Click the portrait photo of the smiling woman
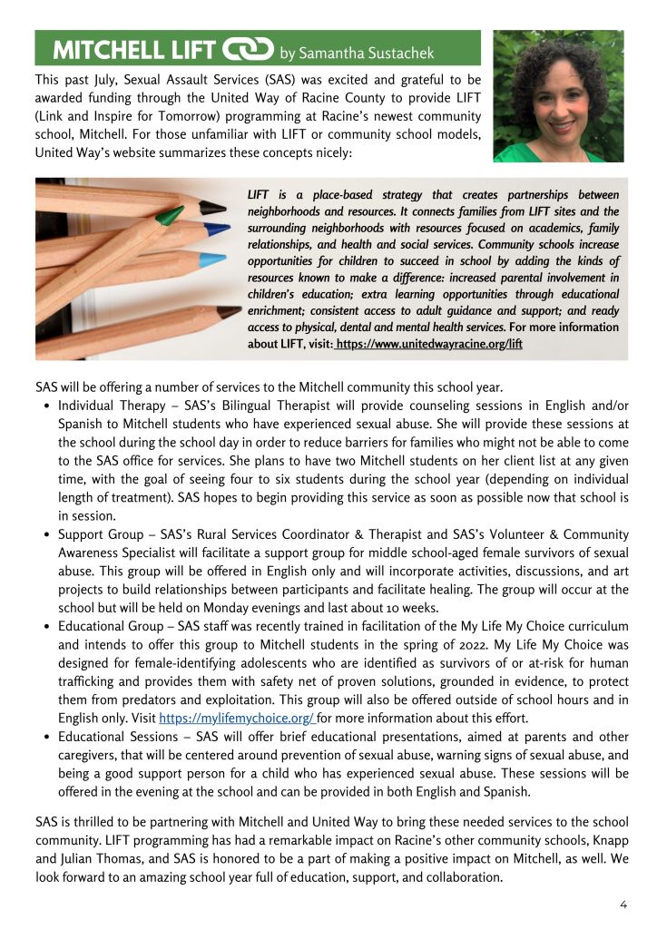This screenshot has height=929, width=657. pyautogui.click(x=558, y=95)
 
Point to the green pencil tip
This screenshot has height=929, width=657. pyautogui.click(x=170, y=216)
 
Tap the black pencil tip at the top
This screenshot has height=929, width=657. pyautogui.click(x=212, y=207)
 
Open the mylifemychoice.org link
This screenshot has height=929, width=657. pyautogui.click(x=236, y=717)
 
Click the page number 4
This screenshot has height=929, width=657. pyautogui.click(x=623, y=904)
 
